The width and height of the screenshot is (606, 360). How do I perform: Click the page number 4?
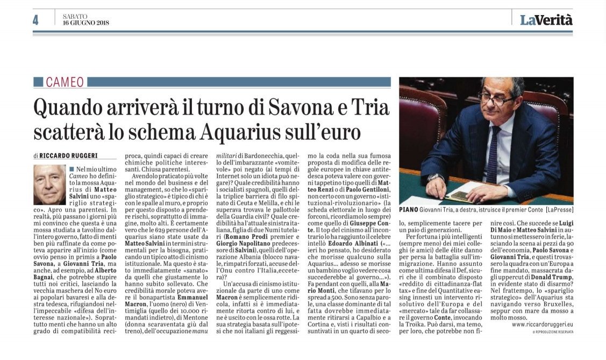[35, 20]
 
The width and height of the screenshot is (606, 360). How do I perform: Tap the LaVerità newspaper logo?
[546, 20]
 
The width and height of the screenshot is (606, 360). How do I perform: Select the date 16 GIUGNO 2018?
[85, 23]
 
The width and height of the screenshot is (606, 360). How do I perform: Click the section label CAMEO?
[65, 82]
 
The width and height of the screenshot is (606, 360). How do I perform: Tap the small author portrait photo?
[49, 185]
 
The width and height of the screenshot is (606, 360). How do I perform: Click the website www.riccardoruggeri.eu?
[543, 324]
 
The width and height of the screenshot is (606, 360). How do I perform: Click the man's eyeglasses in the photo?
[497, 98]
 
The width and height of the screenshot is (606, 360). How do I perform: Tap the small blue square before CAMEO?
[38, 82]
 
